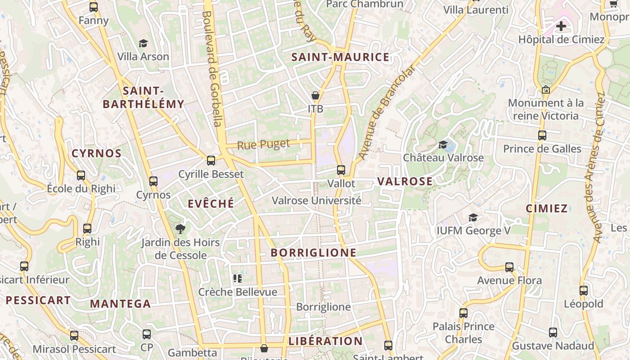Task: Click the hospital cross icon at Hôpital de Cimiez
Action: (561, 26)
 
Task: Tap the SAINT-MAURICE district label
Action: (340, 57)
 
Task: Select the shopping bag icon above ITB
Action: (315, 95)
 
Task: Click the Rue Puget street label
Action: (263, 145)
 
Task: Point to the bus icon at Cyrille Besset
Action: (211, 161)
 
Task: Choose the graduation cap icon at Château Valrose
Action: (443, 144)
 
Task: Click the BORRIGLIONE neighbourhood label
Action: (314, 252)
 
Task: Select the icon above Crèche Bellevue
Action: (238, 279)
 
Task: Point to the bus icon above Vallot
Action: (341, 170)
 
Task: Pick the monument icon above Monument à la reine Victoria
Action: (546, 90)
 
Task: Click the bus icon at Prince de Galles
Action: (542, 135)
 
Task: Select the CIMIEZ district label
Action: (547, 208)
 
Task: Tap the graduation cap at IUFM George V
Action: (473, 218)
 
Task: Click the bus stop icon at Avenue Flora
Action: (509, 267)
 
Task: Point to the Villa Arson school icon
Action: (143, 43)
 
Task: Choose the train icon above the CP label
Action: (147, 334)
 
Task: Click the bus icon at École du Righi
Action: (81, 175)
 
